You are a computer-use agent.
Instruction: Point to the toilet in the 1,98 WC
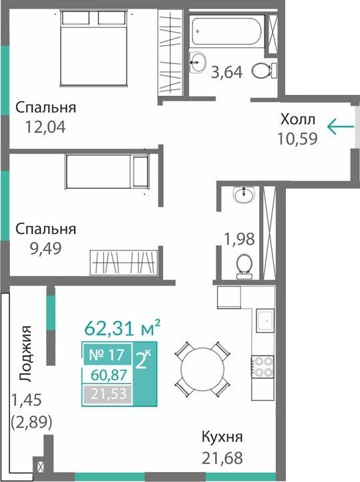244,265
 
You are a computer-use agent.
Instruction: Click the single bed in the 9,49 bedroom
107,172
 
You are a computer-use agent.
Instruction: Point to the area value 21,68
221,459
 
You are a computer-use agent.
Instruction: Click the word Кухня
222,438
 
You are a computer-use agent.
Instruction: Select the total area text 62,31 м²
122,328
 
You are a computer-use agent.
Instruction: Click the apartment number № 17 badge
107,355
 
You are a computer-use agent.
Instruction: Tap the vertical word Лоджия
26,353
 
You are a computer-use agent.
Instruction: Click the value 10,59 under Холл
297,138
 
